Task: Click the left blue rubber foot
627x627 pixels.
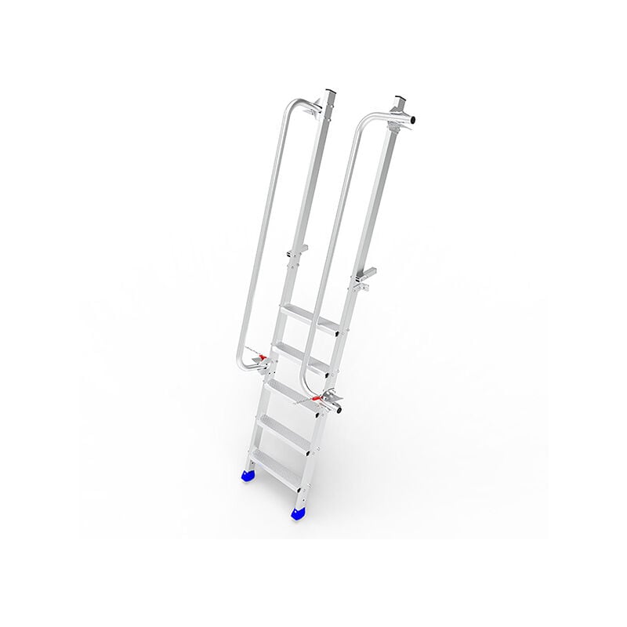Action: (x=248, y=474)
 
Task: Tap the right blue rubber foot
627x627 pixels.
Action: (x=299, y=513)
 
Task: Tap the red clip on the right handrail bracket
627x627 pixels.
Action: (x=317, y=399)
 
